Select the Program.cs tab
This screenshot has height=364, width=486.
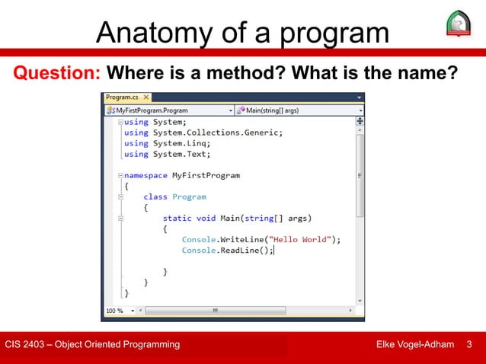(x=122, y=97)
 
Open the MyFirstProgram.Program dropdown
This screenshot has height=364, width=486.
(x=167, y=110)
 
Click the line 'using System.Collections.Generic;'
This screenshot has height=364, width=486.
(x=203, y=132)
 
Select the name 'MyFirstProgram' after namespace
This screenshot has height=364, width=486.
(x=206, y=174)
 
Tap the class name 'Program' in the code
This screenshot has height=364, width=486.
(x=189, y=196)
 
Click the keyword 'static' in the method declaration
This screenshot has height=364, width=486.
(x=177, y=217)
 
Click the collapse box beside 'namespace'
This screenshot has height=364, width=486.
(x=119, y=175)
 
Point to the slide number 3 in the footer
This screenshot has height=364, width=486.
(x=468, y=345)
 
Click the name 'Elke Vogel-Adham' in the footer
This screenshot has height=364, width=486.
(x=416, y=345)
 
